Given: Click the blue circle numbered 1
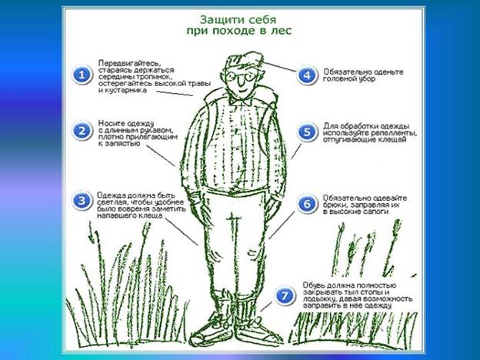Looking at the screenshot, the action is pos(82,75).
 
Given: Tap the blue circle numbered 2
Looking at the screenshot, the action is pos(82,131).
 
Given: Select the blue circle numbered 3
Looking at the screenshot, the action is pos(82,201).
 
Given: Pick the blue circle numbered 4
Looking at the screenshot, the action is pos(307,75).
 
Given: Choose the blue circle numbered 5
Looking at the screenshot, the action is pos(307,132).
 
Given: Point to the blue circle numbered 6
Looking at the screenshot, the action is pos(307,204).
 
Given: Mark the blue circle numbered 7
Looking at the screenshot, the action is pos(285,295).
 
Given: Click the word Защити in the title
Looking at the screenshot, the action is pos(218,20).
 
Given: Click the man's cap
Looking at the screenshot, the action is pos(244,61).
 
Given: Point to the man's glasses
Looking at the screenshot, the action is pos(242,76).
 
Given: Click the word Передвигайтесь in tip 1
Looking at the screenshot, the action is pos(129,63).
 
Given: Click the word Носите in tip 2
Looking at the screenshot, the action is pos(111,123).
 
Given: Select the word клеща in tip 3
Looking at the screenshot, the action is pos(151,215).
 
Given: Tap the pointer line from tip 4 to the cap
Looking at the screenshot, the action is pos(279,66).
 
